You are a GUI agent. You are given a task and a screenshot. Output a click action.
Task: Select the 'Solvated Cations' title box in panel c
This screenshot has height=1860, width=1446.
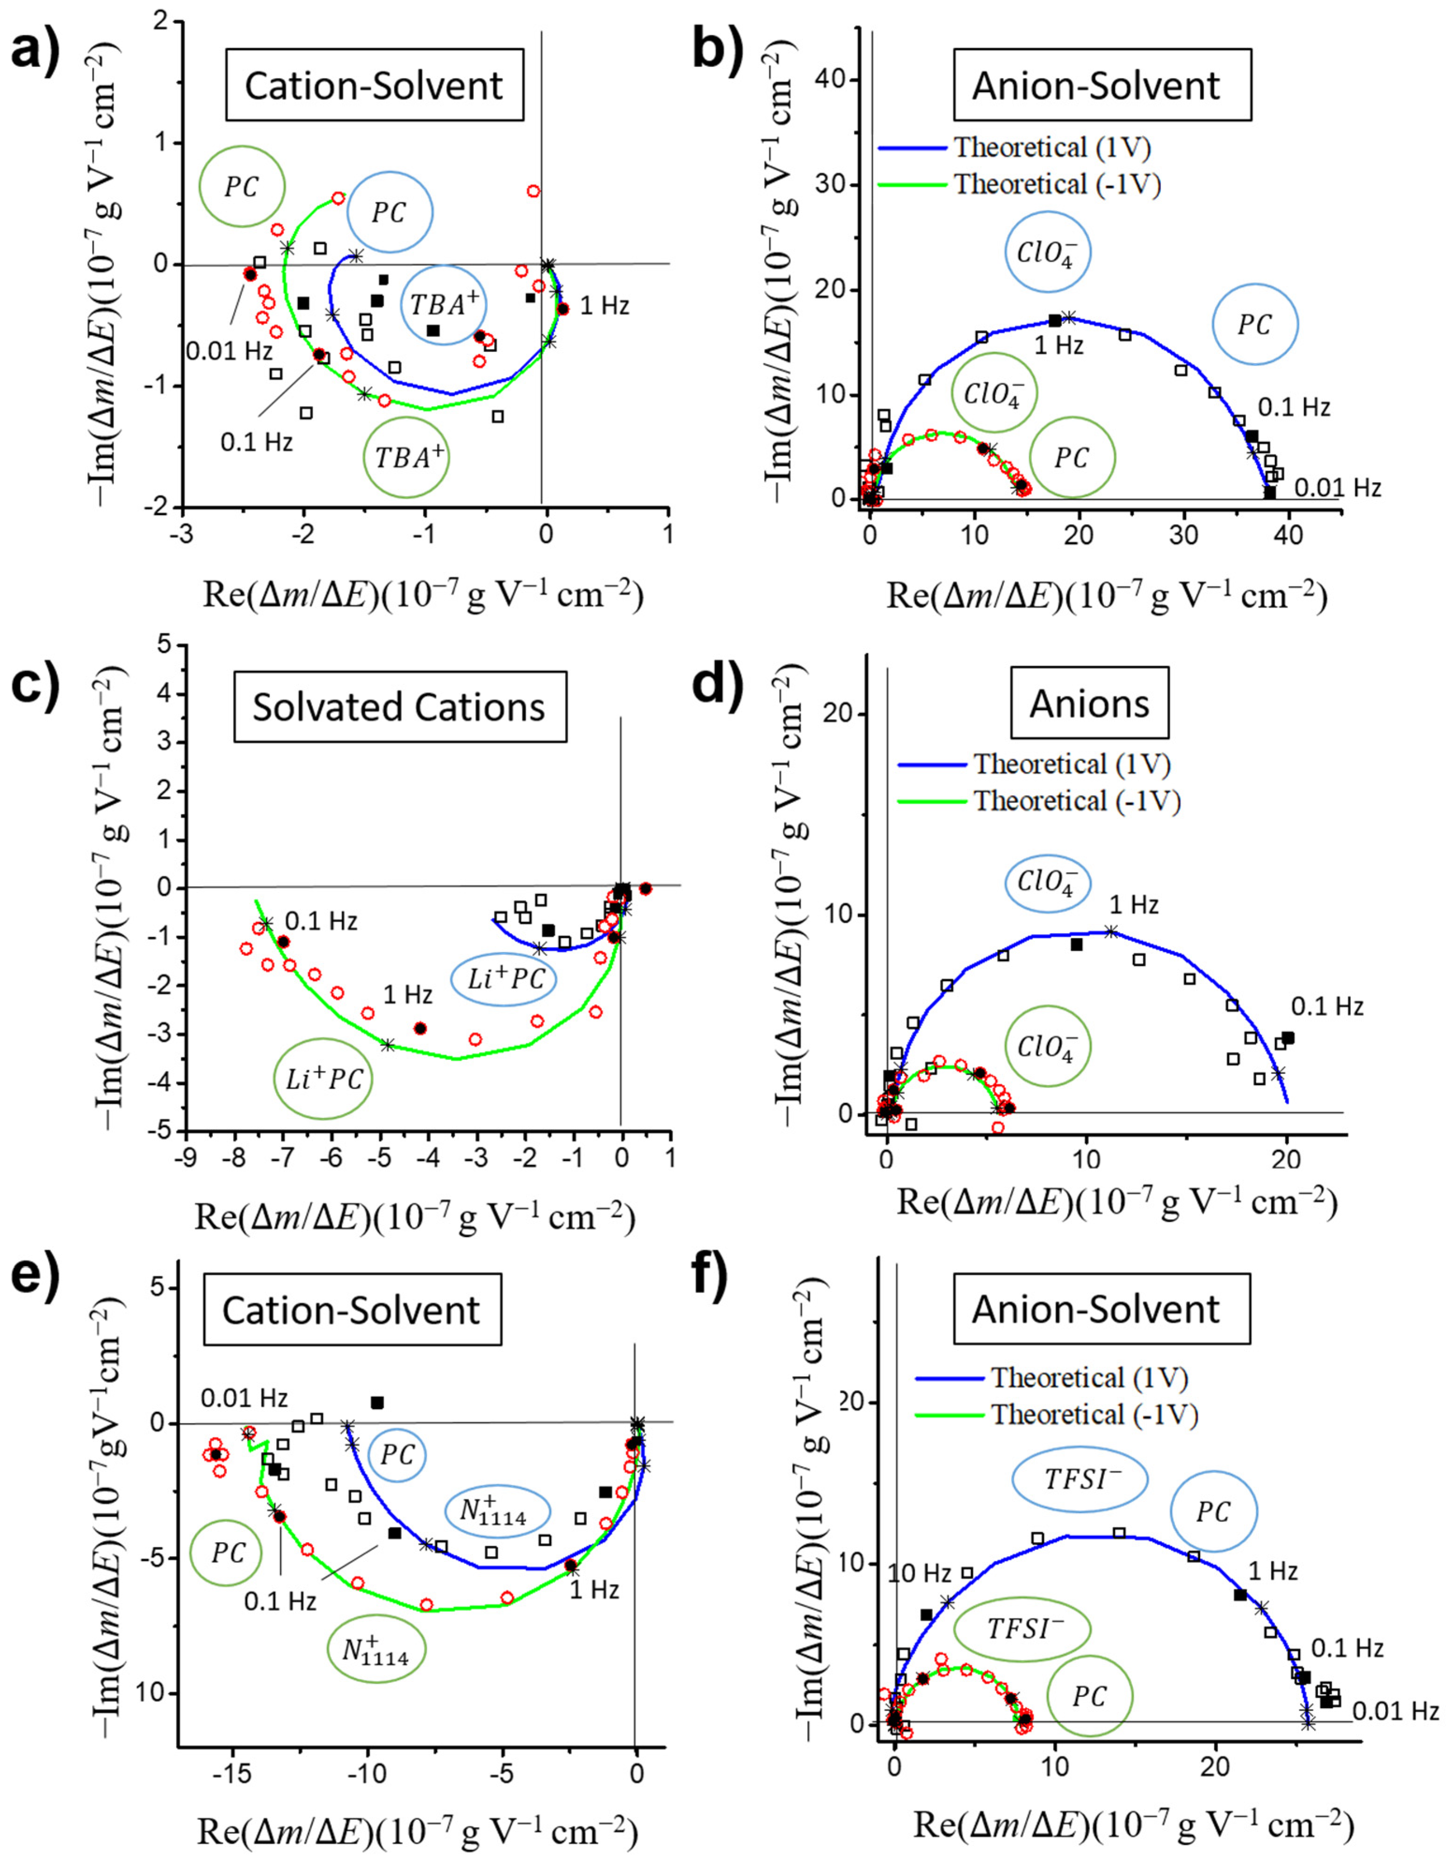[x=400, y=707]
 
